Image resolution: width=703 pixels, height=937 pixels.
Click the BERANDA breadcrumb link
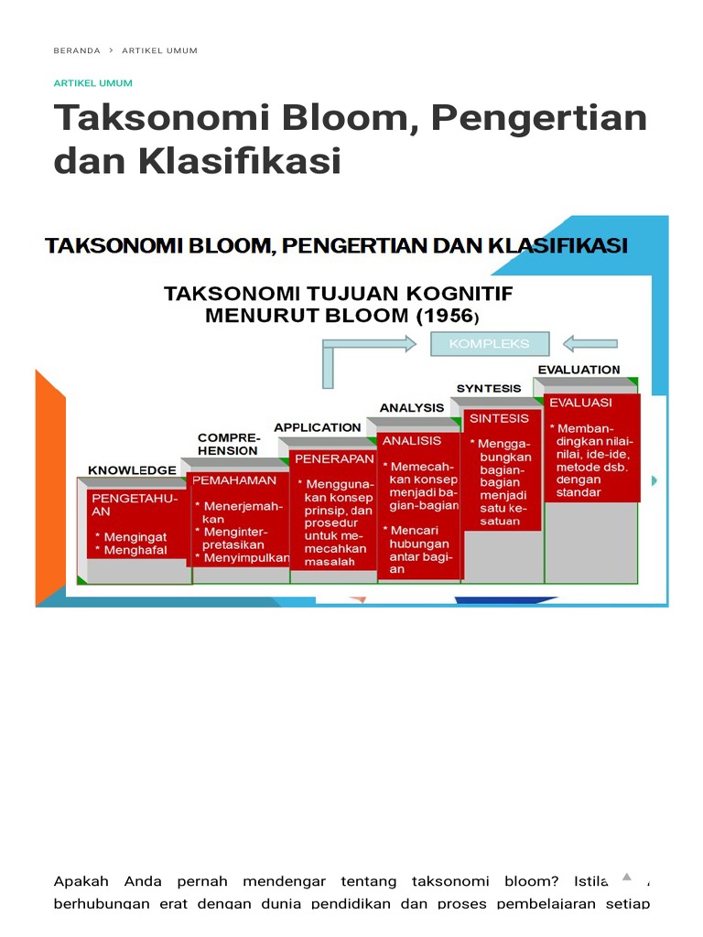click(77, 51)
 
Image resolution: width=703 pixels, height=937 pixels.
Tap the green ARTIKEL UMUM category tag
click(93, 83)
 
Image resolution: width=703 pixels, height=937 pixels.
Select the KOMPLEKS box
click(489, 344)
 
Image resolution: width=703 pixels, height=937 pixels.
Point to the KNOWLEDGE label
click(132, 470)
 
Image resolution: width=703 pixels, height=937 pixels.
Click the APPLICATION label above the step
click(318, 427)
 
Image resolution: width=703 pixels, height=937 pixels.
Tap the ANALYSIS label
click(412, 408)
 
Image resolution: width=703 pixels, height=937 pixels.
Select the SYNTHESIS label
click(489, 389)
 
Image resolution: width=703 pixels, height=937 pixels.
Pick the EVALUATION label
click(579, 370)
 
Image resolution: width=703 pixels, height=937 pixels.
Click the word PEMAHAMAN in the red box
click(234, 480)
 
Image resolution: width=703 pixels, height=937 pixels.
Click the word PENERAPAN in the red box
click(332, 458)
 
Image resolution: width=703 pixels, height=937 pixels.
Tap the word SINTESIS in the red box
click(499, 419)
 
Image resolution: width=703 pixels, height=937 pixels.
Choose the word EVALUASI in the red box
click(581, 403)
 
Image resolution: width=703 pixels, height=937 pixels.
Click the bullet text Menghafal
click(135, 551)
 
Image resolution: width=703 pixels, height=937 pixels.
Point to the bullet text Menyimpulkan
click(246, 557)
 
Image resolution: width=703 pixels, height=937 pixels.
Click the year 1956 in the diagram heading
click(445, 317)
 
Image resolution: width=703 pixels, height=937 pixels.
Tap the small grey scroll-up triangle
click(626, 877)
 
